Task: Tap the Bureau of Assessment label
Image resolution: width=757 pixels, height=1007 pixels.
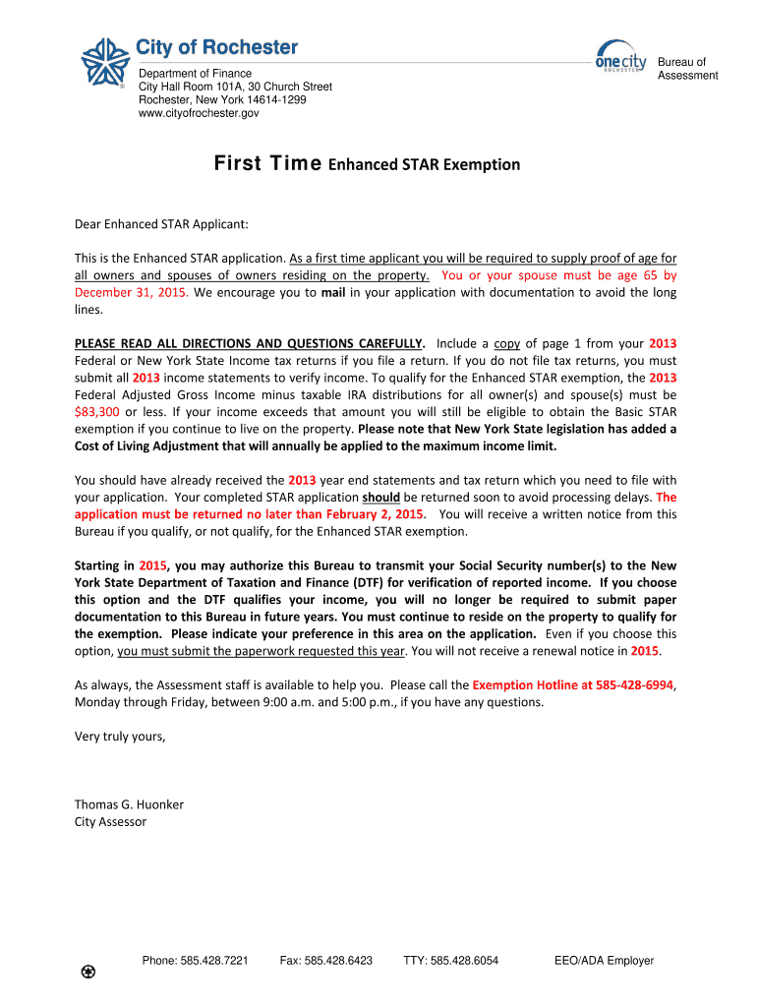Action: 687,69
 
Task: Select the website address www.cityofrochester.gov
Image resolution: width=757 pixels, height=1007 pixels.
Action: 199,114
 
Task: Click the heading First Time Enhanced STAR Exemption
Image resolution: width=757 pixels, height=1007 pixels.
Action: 367,164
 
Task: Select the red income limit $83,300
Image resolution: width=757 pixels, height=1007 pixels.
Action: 97,411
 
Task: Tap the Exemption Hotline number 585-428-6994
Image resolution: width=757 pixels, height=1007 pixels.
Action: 625,684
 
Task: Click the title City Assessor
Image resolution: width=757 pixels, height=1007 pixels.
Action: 111,821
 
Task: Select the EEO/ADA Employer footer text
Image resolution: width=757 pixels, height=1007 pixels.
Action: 604,961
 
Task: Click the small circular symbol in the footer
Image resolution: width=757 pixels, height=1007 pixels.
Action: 88,973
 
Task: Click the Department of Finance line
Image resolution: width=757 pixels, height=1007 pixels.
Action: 195,74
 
